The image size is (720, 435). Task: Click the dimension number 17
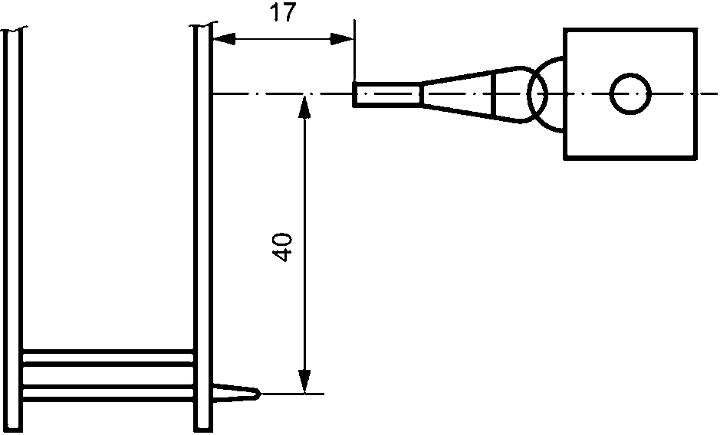pyautogui.click(x=283, y=12)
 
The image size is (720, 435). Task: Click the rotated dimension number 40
pyautogui.click(x=282, y=247)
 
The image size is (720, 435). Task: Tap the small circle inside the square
pyautogui.click(x=630, y=93)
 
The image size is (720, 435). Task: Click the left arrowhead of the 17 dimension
pyautogui.click(x=224, y=40)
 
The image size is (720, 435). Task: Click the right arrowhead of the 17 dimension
pyautogui.click(x=342, y=40)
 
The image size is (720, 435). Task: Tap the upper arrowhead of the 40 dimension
pyautogui.click(x=304, y=106)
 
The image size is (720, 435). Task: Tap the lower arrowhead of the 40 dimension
pyautogui.click(x=304, y=381)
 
